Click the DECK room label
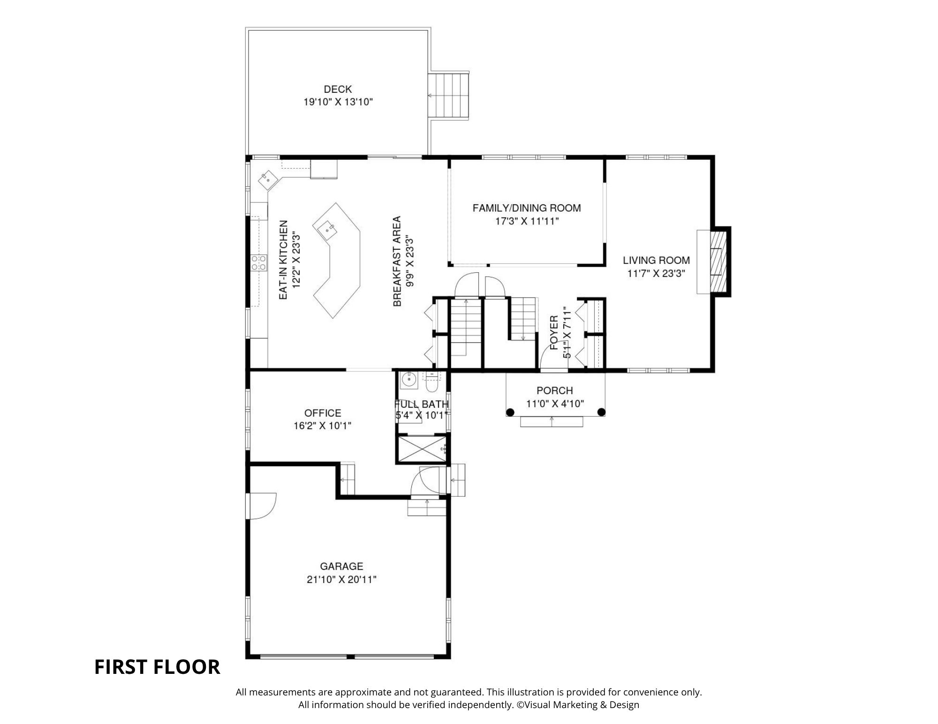(x=338, y=89)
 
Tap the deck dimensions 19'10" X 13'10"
(x=338, y=102)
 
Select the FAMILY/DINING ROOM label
(x=527, y=208)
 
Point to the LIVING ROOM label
(x=656, y=260)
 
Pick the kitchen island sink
(x=326, y=229)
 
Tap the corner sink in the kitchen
(x=267, y=178)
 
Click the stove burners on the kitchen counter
(x=258, y=262)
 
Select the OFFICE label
(x=323, y=413)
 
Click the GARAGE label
(x=341, y=567)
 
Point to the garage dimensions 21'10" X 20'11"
(x=341, y=580)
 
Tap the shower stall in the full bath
(x=423, y=448)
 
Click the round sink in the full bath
(x=408, y=380)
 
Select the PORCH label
(x=555, y=390)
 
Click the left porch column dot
(x=510, y=412)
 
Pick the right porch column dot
(x=601, y=412)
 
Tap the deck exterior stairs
(x=449, y=96)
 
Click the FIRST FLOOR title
(x=157, y=667)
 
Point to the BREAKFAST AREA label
(x=397, y=261)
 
